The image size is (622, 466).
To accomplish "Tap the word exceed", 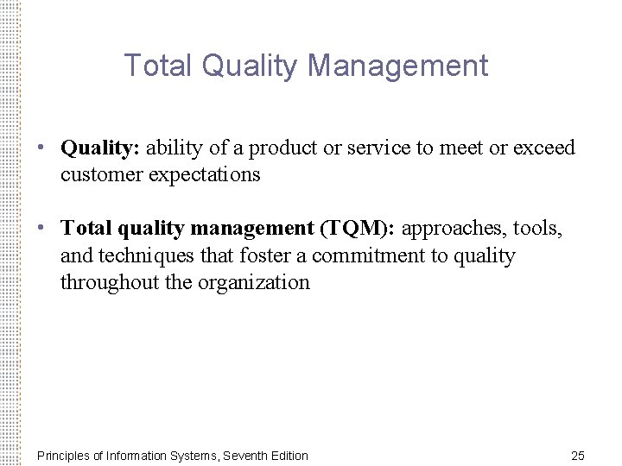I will (543, 148).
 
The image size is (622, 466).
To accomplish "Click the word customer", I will (102, 175).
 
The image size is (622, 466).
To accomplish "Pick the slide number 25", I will (578, 456).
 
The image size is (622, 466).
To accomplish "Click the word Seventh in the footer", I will (244, 456).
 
